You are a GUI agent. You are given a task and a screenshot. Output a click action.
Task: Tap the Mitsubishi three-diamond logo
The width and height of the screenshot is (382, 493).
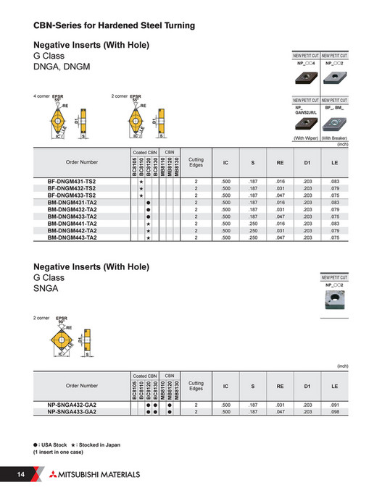tap(56, 474)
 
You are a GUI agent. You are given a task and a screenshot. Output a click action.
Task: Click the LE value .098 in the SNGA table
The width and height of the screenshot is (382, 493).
tap(334, 411)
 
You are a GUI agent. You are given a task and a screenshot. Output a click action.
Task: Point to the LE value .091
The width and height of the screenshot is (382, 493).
tap(334, 405)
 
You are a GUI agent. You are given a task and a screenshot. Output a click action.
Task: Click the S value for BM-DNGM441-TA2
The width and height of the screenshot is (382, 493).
tap(253, 223)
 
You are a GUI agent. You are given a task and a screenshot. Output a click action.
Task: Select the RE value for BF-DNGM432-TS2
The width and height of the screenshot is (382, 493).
tap(279, 188)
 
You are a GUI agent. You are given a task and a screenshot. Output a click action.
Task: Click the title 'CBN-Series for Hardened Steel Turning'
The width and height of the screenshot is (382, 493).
tap(114, 26)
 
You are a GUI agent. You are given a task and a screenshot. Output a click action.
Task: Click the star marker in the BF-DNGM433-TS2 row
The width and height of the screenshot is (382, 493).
tap(141, 195)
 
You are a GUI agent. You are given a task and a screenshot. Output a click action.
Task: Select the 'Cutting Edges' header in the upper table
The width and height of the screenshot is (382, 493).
tap(196, 163)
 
